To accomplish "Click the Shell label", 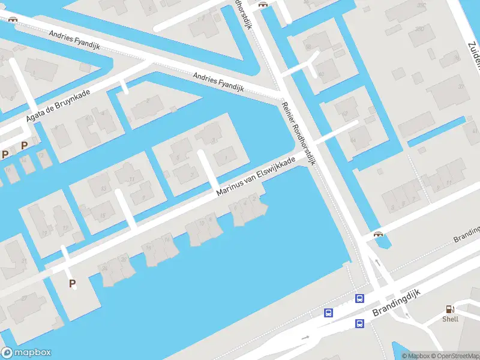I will point(450,319).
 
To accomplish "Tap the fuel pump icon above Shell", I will point(449,309).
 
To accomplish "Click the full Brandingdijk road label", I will point(397,302).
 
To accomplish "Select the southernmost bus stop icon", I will point(359,324).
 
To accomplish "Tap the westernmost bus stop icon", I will point(328,313).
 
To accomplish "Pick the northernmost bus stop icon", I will point(359,298).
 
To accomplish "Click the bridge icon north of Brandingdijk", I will point(378,235).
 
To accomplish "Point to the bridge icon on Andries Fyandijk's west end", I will point(13,18).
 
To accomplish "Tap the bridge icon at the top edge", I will point(262,4).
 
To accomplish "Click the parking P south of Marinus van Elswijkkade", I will point(73,284).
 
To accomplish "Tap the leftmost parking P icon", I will point(5,155).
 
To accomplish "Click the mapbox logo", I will point(26,353).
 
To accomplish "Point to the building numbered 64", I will point(352,140).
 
